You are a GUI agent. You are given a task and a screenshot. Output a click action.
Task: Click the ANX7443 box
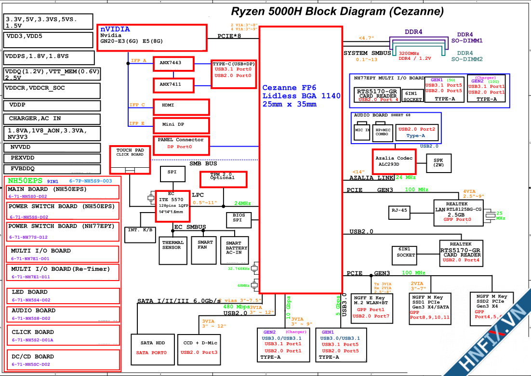coord(174,63)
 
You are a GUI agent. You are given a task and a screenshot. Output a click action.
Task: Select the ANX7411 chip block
coord(174,85)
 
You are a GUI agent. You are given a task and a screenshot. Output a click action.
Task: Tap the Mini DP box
coord(181,125)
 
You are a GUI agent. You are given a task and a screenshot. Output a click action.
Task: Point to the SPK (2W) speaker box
coord(438,163)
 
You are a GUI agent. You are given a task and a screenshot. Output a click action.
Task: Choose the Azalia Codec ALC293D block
coord(394,161)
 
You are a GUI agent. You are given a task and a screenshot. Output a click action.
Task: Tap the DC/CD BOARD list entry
coord(65,360)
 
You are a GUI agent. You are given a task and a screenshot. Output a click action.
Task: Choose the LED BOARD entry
coord(65,295)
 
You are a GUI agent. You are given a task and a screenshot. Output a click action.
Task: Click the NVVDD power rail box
coord(52,148)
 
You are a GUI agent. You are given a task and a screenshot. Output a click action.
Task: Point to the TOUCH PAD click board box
coord(130,159)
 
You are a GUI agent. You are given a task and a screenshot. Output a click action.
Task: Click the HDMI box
coord(181,106)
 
